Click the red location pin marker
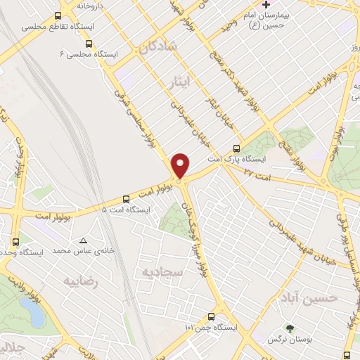181,165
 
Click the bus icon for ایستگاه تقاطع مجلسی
58,15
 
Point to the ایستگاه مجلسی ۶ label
86,53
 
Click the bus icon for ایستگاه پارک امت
236,148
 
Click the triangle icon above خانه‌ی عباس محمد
84,240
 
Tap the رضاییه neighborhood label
79,281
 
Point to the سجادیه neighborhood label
160,271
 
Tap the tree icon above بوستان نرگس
288,328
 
